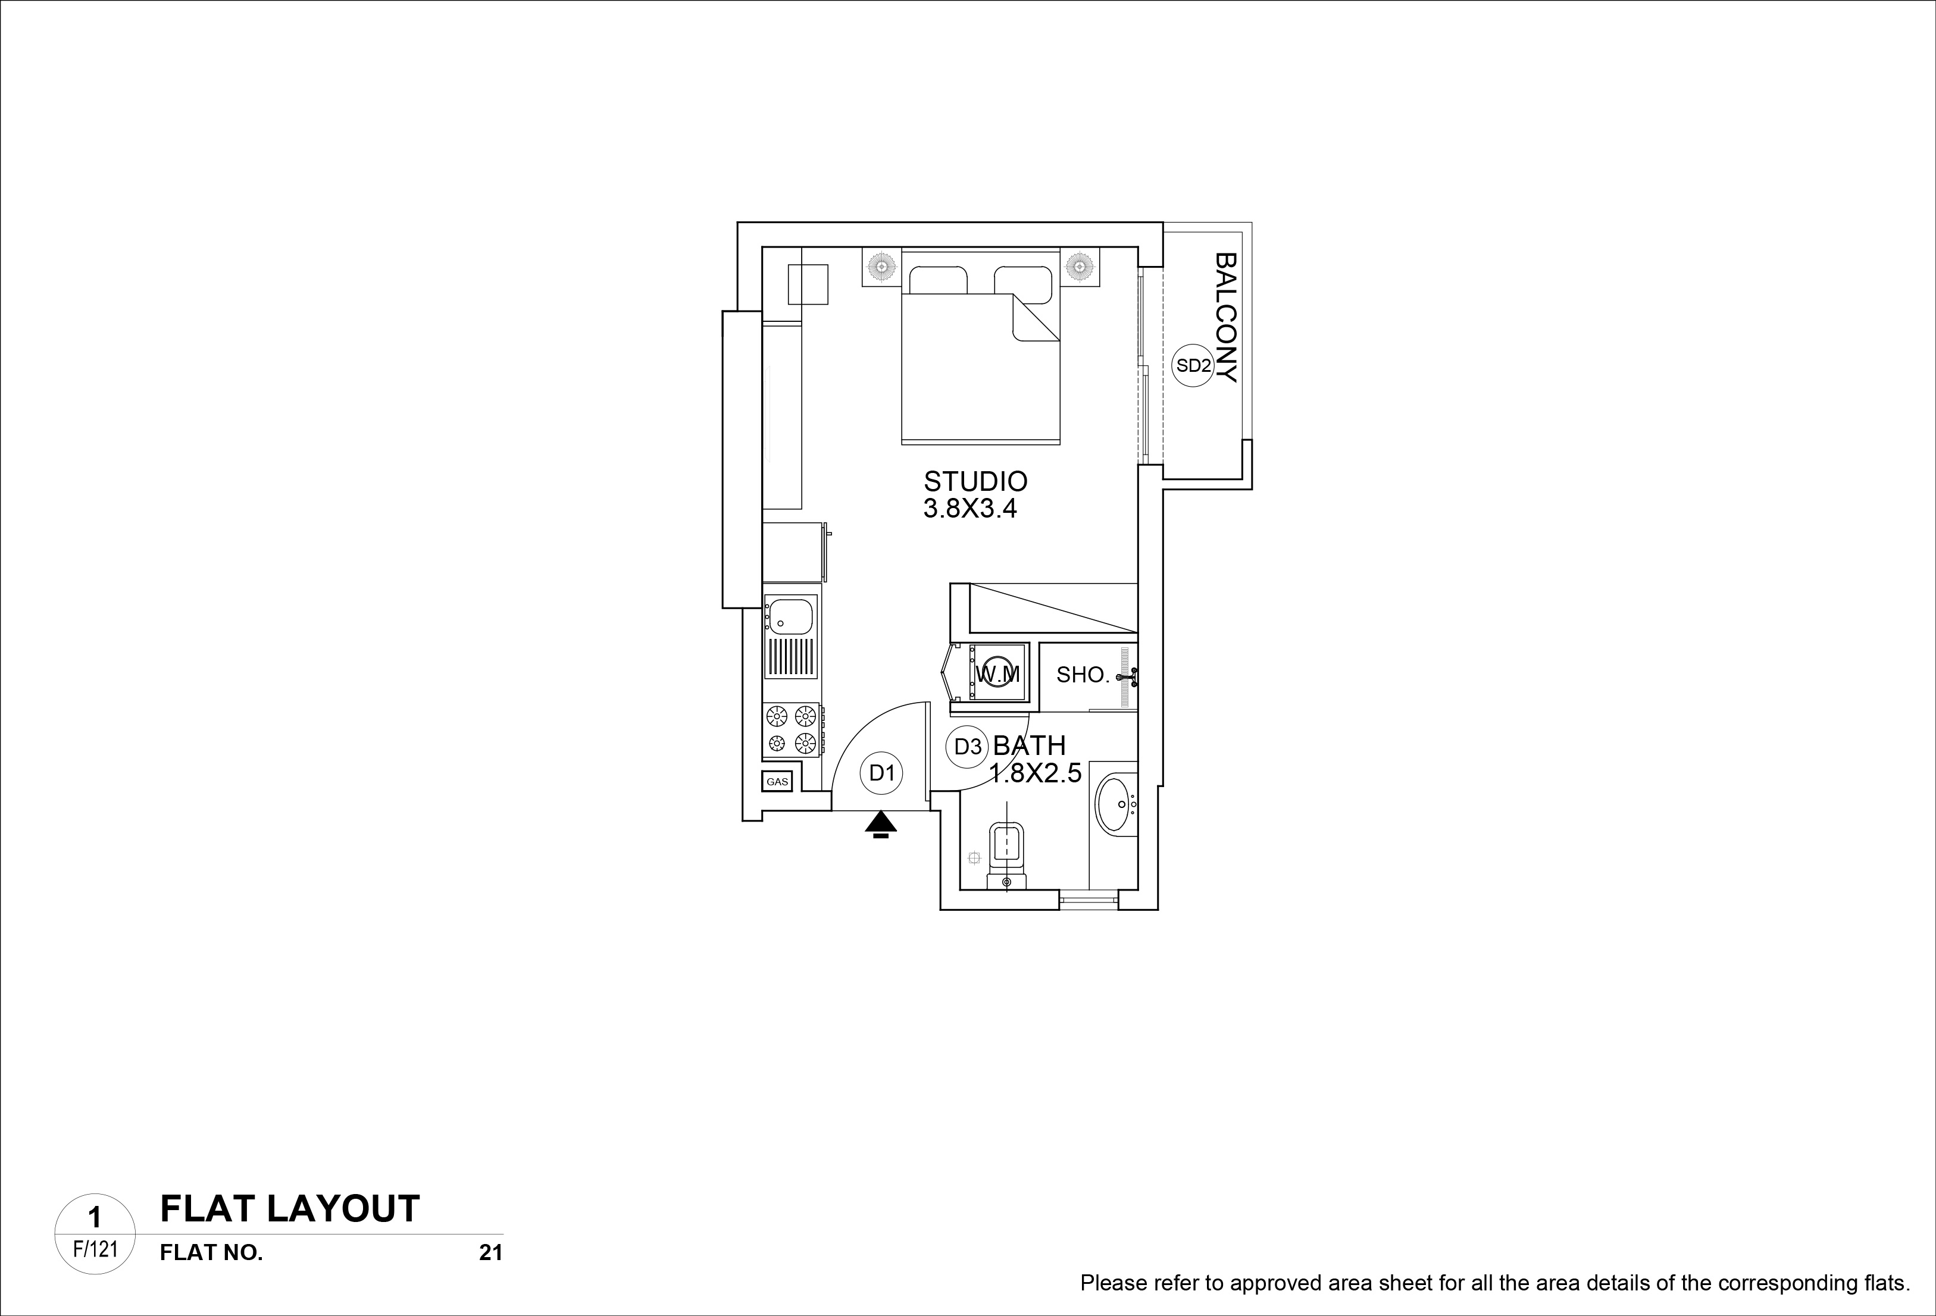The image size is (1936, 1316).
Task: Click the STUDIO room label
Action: click(975, 481)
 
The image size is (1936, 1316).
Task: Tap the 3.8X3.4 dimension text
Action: click(971, 509)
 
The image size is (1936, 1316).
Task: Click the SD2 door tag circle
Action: click(1193, 366)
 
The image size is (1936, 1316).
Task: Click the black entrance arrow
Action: click(881, 825)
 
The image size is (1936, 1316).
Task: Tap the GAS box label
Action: click(777, 782)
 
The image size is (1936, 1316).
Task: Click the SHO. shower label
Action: click(1083, 675)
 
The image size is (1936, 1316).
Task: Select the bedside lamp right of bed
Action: click(1080, 267)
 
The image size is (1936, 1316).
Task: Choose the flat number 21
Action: click(490, 1253)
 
